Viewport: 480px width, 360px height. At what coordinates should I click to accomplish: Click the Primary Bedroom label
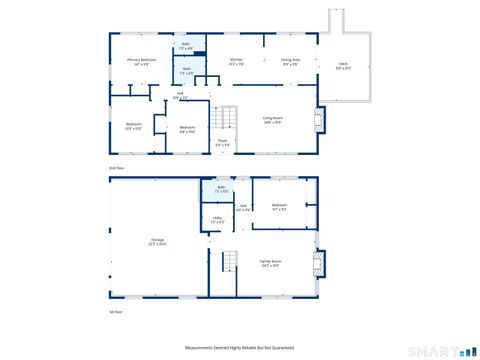point(141,62)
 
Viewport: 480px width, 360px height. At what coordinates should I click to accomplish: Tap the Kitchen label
point(237,62)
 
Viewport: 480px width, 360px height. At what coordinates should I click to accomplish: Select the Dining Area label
point(291,62)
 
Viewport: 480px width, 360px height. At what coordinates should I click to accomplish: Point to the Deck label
point(343,67)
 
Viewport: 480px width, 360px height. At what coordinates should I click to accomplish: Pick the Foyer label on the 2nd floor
point(222,143)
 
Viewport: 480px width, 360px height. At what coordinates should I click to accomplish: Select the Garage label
point(157,241)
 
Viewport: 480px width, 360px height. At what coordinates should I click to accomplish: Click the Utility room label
point(217,218)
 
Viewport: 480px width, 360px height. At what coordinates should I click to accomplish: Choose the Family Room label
point(272,264)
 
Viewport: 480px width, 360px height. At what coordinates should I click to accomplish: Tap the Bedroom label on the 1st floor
point(280,207)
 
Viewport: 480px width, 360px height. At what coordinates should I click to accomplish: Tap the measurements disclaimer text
point(239,346)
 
